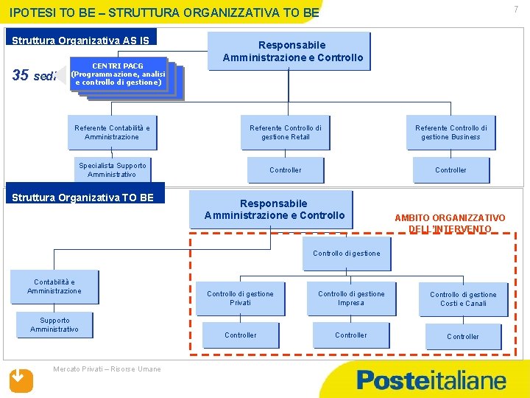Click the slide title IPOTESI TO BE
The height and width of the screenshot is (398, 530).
[x=165, y=13]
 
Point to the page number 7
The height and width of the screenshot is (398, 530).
[x=516, y=9]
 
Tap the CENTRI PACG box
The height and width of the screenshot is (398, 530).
[x=118, y=74]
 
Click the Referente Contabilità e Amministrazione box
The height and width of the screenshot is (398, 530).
[x=112, y=133]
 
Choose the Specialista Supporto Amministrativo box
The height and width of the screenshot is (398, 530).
[x=113, y=170]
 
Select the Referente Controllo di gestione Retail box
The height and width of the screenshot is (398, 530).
[x=286, y=133]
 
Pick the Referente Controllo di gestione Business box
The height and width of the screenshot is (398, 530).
[x=451, y=133]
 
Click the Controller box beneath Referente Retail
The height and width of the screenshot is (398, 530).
[x=286, y=170]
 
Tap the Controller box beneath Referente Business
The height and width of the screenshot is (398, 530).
[x=451, y=170]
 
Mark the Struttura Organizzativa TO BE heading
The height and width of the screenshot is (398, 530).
[x=83, y=198]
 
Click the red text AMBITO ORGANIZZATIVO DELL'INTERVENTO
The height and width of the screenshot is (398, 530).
[x=450, y=223]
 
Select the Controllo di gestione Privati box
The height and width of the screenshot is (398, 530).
[x=240, y=298]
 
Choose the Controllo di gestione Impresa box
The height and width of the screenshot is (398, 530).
[x=351, y=298]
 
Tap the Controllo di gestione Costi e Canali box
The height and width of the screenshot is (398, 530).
[x=463, y=299]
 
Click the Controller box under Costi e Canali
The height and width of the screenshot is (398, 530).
[x=463, y=337]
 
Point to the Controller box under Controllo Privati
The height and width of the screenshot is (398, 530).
[x=241, y=335]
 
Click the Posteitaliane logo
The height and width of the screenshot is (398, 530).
[x=431, y=380]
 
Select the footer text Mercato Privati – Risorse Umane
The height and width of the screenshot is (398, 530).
[x=107, y=369]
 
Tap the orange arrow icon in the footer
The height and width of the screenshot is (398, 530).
[x=21, y=379]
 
